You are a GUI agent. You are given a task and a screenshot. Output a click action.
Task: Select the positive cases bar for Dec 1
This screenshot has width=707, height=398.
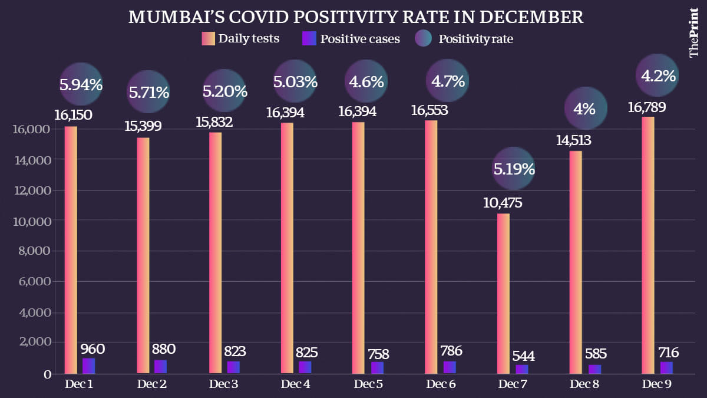coord(88,366)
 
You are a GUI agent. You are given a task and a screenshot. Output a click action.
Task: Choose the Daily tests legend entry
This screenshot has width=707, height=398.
coord(240,40)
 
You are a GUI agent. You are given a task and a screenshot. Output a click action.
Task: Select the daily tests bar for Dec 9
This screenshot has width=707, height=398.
coord(648,245)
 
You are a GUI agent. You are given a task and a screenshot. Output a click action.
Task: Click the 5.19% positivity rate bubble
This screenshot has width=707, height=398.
coord(514,170)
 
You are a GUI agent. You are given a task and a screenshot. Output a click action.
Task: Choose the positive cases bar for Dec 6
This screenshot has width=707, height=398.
coord(450,367)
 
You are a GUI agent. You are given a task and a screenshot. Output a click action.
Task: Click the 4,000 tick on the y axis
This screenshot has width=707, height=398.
coord(35,312)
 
